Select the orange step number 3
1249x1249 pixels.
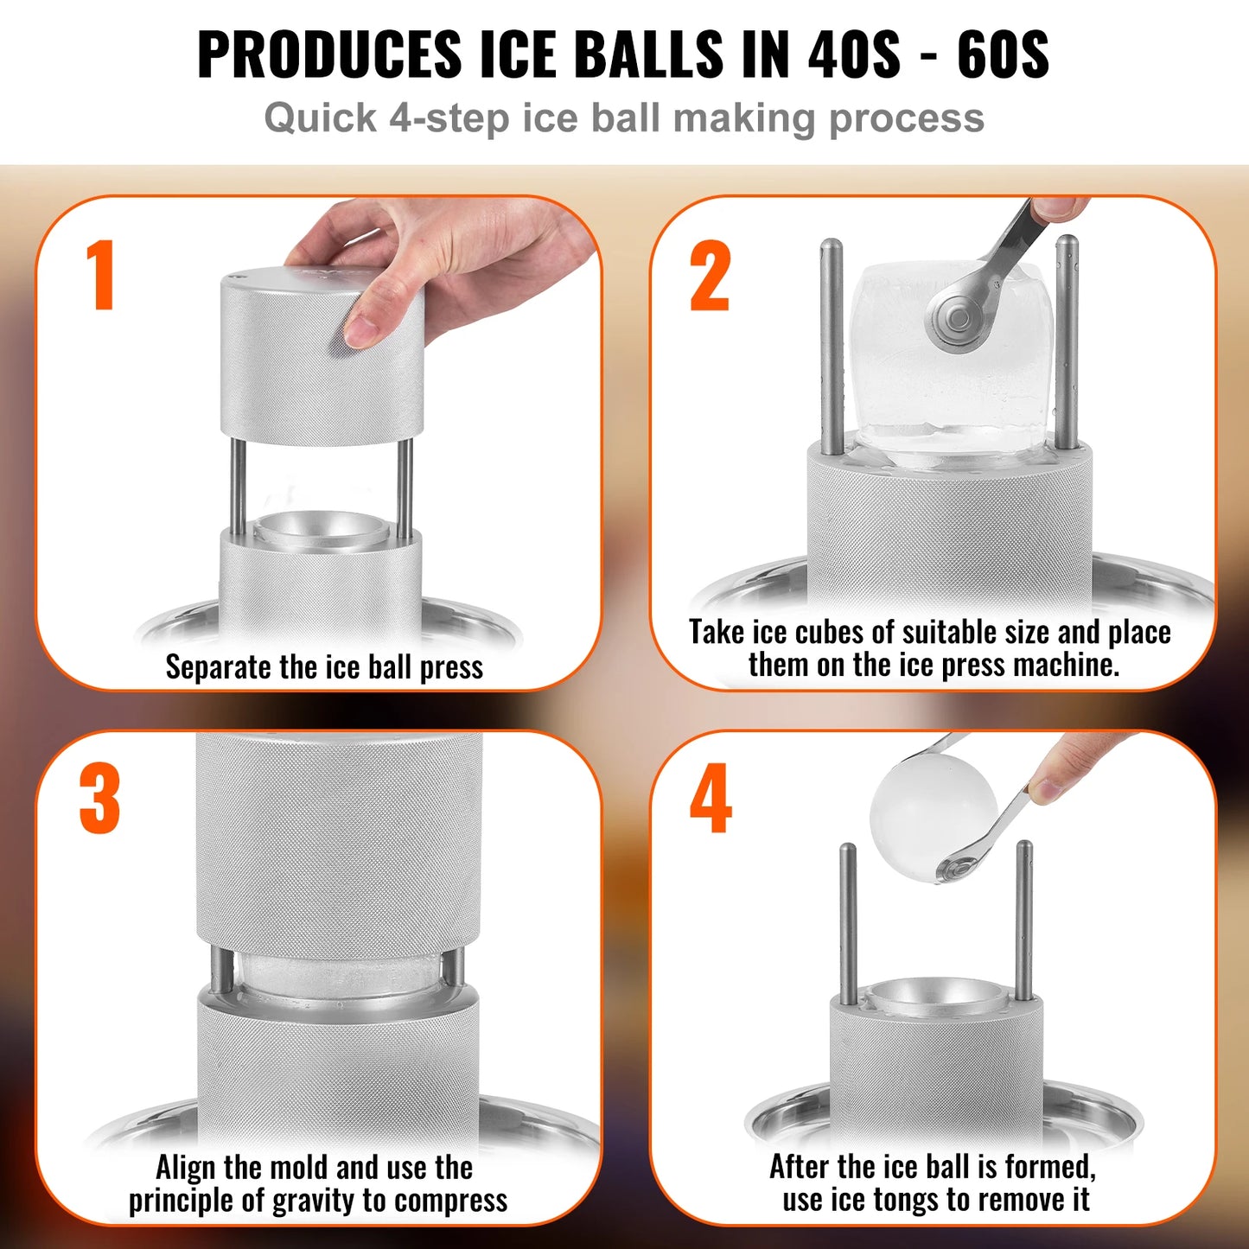coord(99,799)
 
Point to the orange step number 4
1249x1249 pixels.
coord(711,799)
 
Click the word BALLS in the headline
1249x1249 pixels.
coord(648,54)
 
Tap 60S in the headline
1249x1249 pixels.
coord(1003,54)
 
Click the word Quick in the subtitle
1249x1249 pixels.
coord(320,118)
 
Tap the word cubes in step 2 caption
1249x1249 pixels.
coord(830,633)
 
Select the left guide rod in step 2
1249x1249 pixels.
coord(832,346)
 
